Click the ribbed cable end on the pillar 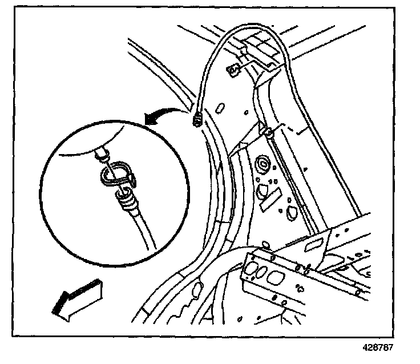(198, 121)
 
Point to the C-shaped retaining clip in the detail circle (117, 173)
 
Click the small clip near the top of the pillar (233, 70)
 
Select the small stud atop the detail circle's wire (102, 152)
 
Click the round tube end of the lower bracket (359, 292)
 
